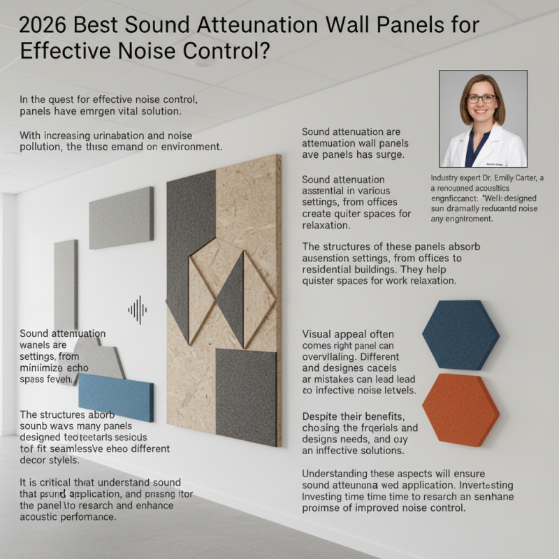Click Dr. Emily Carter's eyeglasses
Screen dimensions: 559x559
click(x=481, y=99)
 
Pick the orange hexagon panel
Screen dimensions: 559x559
click(x=460, y=409)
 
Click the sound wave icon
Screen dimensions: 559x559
click(x=138, y=309)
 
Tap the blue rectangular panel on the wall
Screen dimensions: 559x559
click(x=115, y=396)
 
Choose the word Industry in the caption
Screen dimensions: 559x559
click(x=447, y=178)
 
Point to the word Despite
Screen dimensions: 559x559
click(x=323, y=415)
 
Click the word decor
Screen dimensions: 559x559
click(x=38, y=461)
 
